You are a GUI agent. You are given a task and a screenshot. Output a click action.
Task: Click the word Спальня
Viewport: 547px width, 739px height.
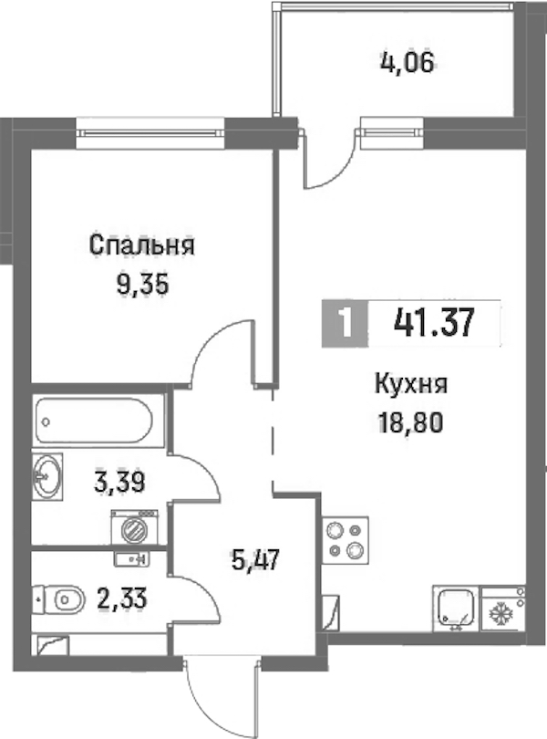(142, 245)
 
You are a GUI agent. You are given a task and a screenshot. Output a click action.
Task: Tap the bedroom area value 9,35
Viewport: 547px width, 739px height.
(142, 285)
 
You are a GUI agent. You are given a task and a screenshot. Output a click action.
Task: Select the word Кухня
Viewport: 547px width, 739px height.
(411, 385)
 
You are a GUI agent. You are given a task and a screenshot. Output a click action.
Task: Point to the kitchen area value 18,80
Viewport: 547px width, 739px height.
(410, 423)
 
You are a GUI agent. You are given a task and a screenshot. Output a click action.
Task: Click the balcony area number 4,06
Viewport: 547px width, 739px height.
(407, 62)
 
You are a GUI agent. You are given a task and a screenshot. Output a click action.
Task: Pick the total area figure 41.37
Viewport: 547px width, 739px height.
(433, 323)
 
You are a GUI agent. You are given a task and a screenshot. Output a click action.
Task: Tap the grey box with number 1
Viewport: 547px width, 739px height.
(346, 323)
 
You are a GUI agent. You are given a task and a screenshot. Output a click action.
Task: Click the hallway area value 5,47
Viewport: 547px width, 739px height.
(256, 560)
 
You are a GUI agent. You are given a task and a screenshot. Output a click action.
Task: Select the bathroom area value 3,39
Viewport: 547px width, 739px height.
(119, 482)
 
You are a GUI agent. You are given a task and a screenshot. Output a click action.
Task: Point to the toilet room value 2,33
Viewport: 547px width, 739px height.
(122, 599)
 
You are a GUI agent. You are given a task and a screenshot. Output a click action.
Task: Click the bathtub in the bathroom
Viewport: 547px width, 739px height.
(93, 421)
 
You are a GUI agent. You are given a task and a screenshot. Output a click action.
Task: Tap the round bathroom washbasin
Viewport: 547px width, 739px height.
(47, 476)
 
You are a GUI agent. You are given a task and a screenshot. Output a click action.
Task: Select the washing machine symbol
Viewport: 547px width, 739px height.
(134, 528)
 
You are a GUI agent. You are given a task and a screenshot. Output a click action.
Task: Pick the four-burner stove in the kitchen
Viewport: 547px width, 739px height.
(345, 540)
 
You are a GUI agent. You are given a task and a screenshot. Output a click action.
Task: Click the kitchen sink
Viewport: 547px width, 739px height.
(456, 609)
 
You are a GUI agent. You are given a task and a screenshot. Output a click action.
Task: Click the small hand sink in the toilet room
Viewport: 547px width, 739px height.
(131, 558)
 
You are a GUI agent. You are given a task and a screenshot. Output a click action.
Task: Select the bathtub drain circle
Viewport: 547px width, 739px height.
(46, 421)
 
